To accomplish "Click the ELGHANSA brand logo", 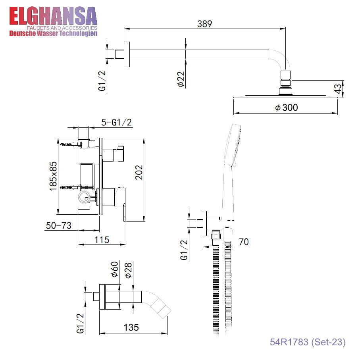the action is click(53, 21).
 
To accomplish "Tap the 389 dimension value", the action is click(204, 24).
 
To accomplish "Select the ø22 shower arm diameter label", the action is click(181, 79).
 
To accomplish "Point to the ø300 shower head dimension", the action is click(287, 108).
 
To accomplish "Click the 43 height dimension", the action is click(338, 89).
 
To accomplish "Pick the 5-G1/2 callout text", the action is click(116, 122).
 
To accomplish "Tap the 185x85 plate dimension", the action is click(53, 176).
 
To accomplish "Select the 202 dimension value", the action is click(139, 172).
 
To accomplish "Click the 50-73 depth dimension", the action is click(59, 225).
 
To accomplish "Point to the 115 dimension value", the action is click(102, 240).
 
